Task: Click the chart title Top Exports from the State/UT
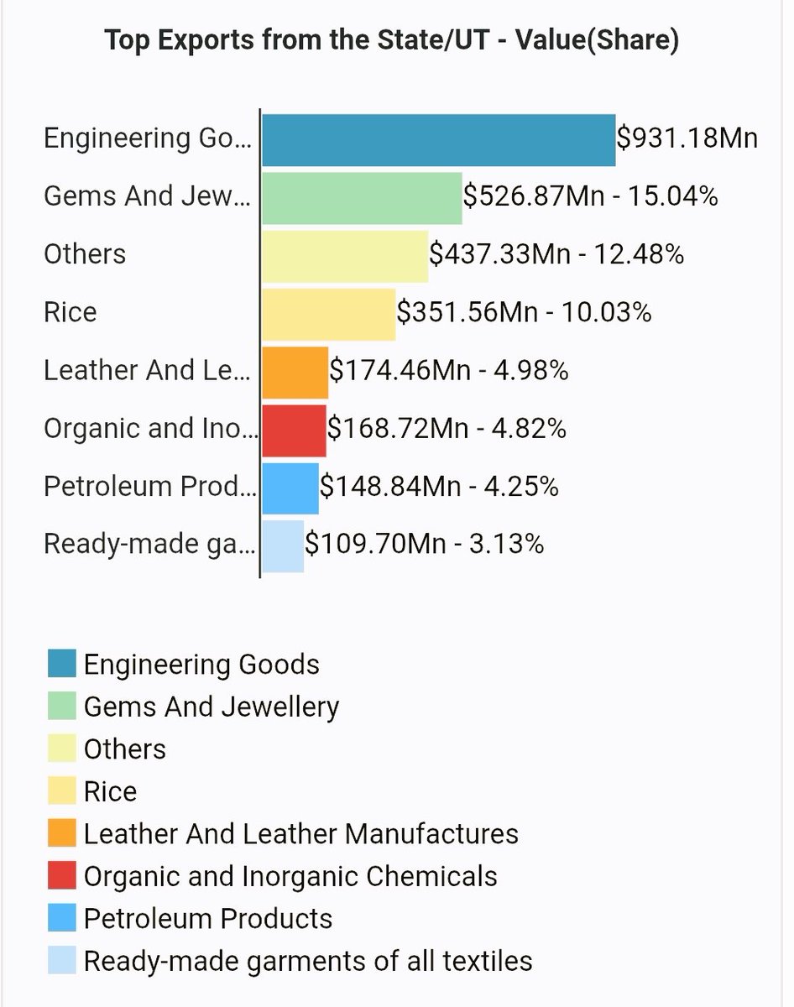pos(391,41)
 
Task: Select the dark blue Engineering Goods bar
pos(438,140)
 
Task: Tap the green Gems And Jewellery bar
pos(362,198)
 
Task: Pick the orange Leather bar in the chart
pos(295,372)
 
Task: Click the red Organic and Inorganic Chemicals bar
pos(294,430)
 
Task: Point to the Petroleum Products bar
pos(290,488)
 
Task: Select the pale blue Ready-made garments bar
pos(283,545)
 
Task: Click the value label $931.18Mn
pos(687,138)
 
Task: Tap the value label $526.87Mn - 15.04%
pos(591,196)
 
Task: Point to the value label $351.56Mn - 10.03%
pos(524,312)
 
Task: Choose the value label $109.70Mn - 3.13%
pos(424,544)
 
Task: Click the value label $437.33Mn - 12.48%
pos(556,254)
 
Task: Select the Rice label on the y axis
pos(71,313)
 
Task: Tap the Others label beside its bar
pos(85,254)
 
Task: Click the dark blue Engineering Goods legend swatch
pos(62,664)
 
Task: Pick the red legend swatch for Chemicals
pos(62,875)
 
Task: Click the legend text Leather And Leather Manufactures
pos(300,834)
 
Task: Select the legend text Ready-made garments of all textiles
pos(308,961)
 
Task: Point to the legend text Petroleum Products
pos(208,919)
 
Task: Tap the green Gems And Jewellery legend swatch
pos(62,707)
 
